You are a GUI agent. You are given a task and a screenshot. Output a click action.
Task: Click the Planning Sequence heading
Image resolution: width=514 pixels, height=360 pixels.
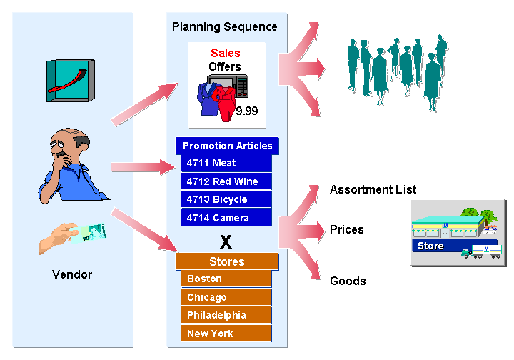click(x=224, y=27)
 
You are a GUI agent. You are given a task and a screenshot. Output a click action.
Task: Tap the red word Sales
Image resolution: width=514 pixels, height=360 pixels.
click(x=225, y=53)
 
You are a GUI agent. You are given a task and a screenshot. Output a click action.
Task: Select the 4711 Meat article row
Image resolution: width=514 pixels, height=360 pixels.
click(x=226, y=164)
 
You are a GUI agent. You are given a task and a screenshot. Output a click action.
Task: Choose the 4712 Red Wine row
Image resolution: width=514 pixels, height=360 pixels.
click(x=226, y=181)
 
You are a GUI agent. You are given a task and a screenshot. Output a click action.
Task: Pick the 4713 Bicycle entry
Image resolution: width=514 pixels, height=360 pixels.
click(x=226, y=199)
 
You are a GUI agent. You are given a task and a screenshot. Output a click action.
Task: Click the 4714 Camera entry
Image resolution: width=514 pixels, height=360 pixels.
click(x=226, y=217)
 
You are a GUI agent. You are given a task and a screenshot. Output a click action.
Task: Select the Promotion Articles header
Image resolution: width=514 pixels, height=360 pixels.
click(x=227, y=146)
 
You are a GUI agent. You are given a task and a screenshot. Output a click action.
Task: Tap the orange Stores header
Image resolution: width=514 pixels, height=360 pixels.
click(x=226, y=261)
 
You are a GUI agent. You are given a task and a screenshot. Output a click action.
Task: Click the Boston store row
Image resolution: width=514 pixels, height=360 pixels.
click(x=226, y=279)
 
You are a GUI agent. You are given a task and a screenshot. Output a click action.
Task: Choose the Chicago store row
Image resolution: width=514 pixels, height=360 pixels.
click(x=226, y=297)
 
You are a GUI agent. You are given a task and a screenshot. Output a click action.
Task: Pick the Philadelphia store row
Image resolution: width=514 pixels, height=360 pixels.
click(x=226, y=315)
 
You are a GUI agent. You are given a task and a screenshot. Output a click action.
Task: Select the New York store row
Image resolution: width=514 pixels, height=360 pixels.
click(x=226, y=334)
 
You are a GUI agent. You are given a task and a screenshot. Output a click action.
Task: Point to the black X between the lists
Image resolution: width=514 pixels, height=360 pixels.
click(x=226, y=240)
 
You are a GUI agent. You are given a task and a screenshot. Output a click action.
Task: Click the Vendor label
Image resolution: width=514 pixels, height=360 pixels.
click(x=72, y=274)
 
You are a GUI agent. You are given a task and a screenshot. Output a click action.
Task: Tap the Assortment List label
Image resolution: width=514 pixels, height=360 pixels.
click(x=373, y=190)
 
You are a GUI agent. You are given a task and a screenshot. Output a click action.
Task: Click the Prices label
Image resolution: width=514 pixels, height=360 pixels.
click(x=346, y=230)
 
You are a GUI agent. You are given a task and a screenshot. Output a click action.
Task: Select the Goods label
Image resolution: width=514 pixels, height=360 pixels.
click(x=348, y=281)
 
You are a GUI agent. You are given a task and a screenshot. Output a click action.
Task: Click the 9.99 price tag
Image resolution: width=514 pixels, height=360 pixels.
click(x=246, y=111)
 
